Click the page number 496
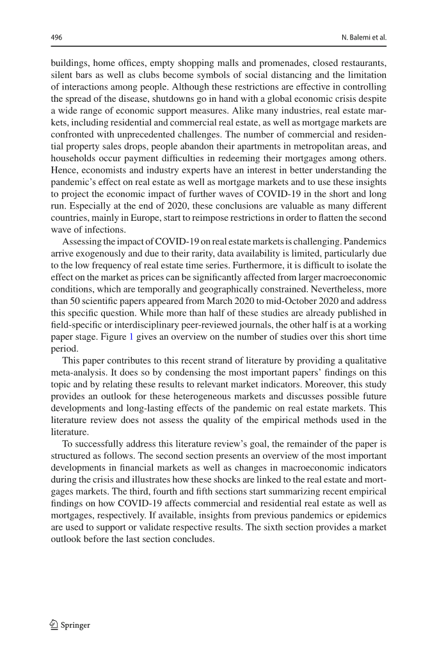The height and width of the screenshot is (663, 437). click(x=56, y=37)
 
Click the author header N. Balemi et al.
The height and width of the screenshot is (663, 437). click(x=365, y=37)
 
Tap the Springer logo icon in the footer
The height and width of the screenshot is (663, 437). click(x=54, y=625)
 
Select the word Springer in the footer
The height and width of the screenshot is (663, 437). click(x=75, y=625)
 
